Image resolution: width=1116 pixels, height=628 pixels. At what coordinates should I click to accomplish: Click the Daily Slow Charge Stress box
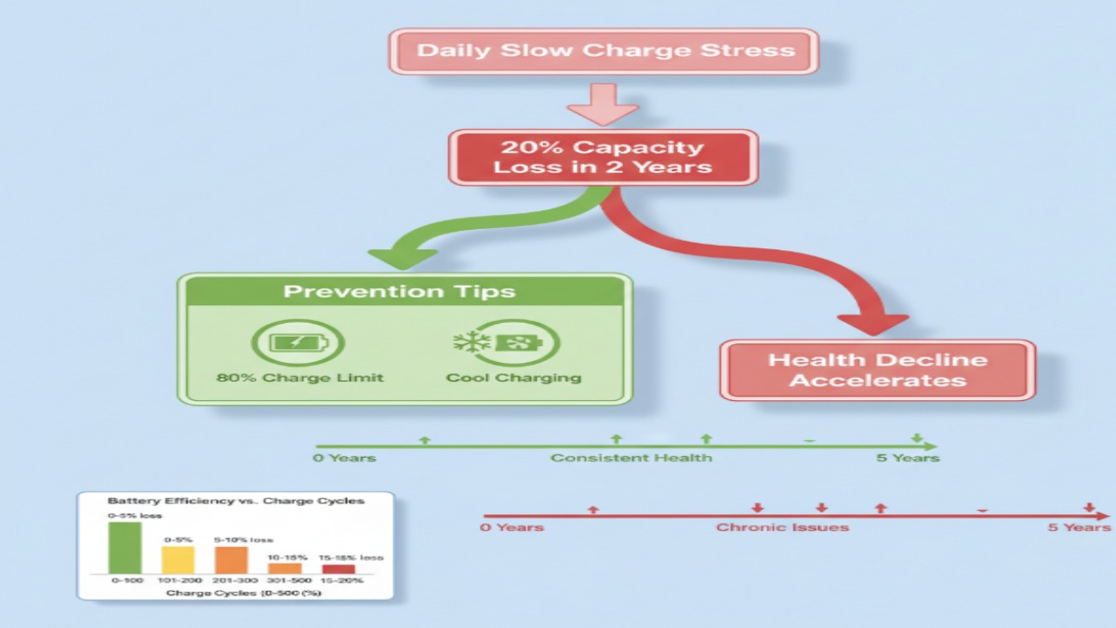[605, 50]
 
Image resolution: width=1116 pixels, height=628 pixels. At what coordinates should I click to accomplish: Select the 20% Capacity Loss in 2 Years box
[603, 157]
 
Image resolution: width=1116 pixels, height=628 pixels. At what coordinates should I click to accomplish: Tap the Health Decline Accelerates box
[877, 369]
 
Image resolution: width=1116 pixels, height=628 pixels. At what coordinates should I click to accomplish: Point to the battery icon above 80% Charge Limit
[297, 343]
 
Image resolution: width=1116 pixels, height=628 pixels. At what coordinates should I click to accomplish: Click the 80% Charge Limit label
[299, 378]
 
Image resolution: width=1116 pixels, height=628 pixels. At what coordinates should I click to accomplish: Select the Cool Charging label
[513, 378]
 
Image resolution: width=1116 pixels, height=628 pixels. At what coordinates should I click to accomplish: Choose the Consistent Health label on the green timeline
[631, 458]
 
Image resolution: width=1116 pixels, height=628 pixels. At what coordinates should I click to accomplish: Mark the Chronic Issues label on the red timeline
[782, 528]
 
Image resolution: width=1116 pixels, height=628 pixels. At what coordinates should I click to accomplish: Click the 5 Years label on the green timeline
[908, 458]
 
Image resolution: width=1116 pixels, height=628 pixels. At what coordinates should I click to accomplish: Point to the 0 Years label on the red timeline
[512, 528]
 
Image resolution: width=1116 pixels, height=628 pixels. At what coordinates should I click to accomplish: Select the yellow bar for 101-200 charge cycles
[178, 559]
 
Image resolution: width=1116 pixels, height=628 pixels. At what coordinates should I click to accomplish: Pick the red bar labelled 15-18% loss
[339, 568]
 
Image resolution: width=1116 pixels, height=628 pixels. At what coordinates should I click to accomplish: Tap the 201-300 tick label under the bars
[231, 581]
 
